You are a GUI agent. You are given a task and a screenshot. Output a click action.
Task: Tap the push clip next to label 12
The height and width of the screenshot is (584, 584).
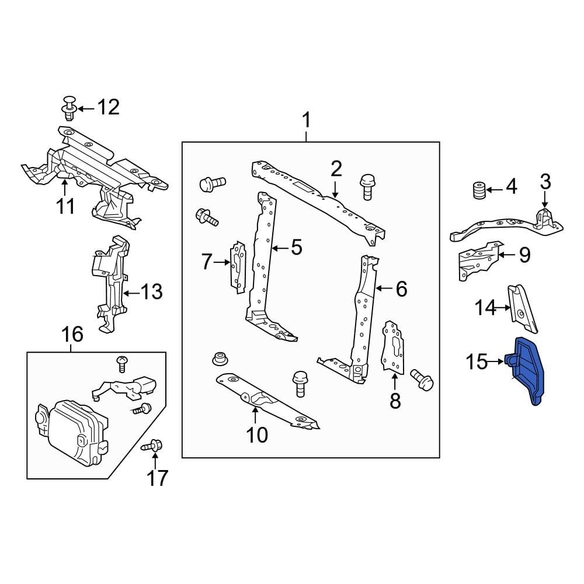tap(69, 107)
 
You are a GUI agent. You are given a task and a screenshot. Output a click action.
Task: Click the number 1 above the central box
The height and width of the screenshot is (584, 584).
tap(306, 122)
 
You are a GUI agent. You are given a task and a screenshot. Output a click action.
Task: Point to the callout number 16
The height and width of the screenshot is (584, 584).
tap(72, 335)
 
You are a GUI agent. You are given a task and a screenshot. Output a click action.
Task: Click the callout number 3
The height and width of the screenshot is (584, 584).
tap(544, 182)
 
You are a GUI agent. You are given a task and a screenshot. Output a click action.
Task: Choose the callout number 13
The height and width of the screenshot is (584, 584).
tap(151, 291)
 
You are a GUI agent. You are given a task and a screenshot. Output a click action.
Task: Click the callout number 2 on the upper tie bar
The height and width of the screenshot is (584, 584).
tap(336, 169)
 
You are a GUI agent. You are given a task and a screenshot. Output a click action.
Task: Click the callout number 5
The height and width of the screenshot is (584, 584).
tap(296, 248)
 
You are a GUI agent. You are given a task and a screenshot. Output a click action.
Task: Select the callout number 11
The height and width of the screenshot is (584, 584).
tap(65, 206)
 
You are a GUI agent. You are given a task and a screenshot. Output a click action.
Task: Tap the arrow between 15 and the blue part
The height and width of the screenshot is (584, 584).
tap(497, 362)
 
